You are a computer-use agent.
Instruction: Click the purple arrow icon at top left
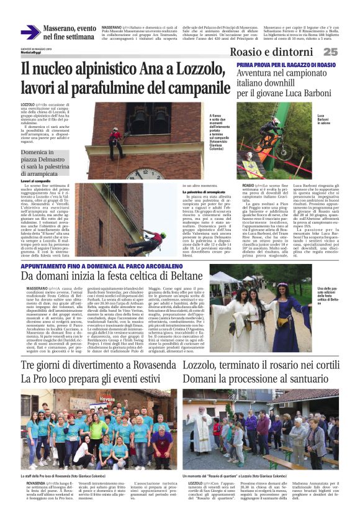click(29, 32)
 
